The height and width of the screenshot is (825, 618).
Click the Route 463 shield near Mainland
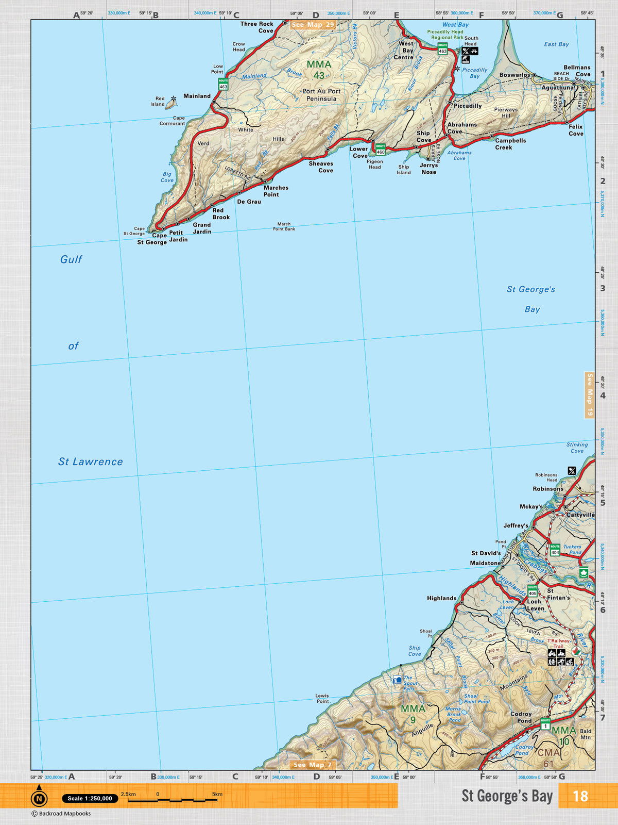point(223,84)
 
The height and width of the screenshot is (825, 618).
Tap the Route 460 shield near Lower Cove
point(381,150)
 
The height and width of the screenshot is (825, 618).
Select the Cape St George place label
point(152,239)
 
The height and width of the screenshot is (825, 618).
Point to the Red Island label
point(158,101)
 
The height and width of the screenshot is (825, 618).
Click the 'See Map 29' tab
point(313,25)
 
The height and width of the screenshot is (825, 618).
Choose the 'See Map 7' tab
point(313,765)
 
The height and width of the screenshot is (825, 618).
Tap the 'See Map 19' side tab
point(590,395)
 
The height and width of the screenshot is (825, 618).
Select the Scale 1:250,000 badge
point(90,798)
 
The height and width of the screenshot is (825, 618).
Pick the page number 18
point(580,796)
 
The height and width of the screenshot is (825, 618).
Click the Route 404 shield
point(555,550)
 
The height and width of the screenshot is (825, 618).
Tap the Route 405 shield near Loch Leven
point(533,590)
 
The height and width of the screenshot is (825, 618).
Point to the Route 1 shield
point(545,724)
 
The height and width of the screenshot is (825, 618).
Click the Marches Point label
point(276,191)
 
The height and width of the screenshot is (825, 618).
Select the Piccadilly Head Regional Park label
point(445,35)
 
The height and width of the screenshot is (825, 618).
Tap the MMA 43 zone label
point(319,70)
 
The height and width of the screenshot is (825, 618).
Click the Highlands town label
point(441,598)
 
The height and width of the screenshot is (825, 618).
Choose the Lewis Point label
point(322,698)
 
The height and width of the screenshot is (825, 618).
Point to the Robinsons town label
point(548,489)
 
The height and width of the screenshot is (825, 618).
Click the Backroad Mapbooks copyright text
point(61,814)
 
